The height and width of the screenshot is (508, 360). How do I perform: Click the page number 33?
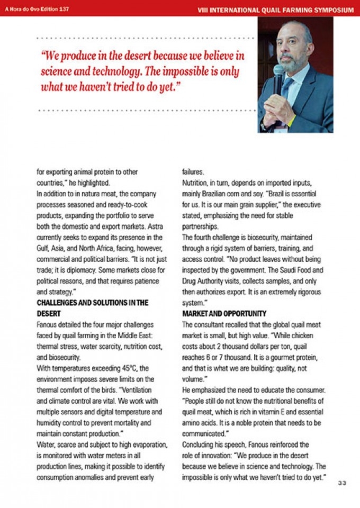pos(342,482)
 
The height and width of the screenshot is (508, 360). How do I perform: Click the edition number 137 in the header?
pos(63,9)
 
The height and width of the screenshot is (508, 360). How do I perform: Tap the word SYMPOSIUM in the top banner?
pos(335,10)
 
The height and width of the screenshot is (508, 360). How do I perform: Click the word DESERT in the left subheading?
pos(49,313)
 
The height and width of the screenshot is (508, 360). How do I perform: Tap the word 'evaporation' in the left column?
pos(148,444)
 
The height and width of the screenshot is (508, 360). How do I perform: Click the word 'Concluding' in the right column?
pos(199,444)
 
